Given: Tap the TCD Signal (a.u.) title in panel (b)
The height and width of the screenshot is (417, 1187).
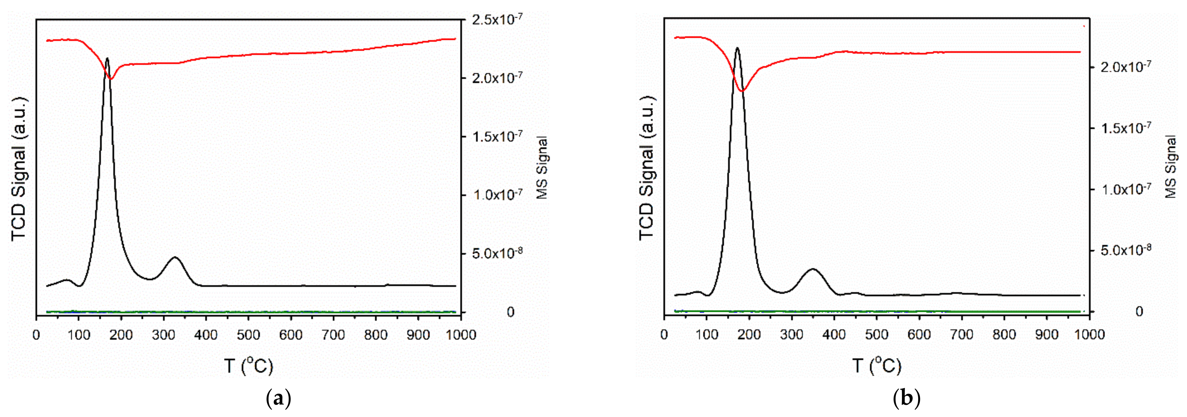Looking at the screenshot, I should pos(647,168).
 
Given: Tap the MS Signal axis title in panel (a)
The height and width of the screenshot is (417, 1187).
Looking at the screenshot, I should pos(542,168).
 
